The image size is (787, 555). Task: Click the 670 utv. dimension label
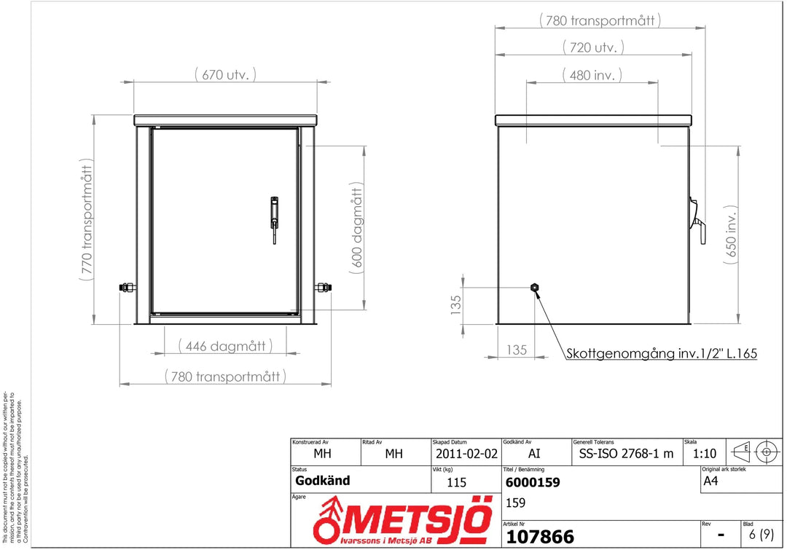tap(225, 75)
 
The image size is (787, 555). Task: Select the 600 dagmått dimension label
tap(356, 228)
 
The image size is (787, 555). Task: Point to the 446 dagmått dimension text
tap(225, 346)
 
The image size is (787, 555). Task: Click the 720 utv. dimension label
tap(593, 47)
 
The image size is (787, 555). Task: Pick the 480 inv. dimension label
tap(592, 75)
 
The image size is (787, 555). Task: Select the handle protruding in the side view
tap(697, 220)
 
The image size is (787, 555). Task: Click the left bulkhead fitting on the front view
tap(128, 288)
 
